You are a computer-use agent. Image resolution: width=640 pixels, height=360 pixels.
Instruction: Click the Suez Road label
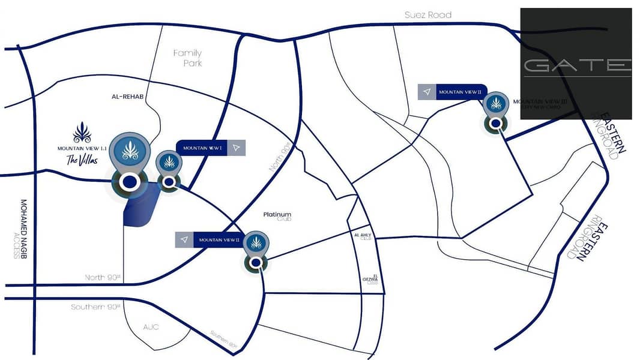[x=427, y=14]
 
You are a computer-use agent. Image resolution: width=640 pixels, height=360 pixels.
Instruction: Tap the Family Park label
[x=187, y=58]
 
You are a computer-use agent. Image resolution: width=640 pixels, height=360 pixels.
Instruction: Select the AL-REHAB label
[x=125, y=97]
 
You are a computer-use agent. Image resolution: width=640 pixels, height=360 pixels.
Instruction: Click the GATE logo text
[x=576, y=65]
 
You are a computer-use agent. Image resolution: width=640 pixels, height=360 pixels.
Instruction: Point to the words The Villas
[x=81, y=160]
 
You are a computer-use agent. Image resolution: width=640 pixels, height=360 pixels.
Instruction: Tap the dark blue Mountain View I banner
[x=202, y=148]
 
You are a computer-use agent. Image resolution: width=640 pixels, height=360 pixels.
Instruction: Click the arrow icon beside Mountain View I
[x=237, y=148]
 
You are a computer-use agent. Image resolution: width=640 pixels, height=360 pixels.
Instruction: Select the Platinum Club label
[x=277, y=216]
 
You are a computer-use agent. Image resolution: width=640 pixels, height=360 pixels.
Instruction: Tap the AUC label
[x=150, y=328]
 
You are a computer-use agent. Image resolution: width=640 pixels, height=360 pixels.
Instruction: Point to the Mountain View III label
[x=537, y=104]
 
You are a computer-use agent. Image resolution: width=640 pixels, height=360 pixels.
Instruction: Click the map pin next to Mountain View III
[x=496, y=109]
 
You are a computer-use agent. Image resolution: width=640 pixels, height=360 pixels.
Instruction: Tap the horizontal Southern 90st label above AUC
[x=95, y=307]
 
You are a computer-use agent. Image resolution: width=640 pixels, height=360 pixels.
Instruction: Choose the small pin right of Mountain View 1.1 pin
[x=169, y=167]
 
